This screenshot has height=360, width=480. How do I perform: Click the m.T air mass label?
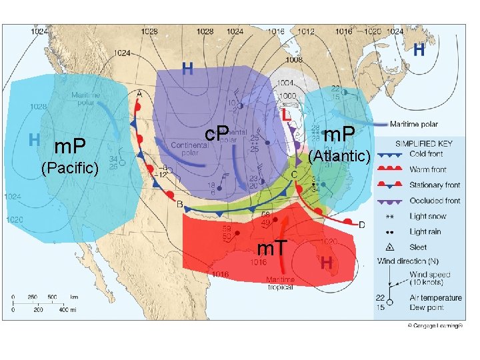click(x=273, y=249)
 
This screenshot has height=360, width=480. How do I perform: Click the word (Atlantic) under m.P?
click(x=340, y=156)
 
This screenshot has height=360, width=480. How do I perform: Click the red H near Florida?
click(x=327, y=262)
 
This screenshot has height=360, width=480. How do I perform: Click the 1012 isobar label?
click(x=306, y=31)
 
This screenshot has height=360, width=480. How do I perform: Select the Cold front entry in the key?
click(x=427, y=154)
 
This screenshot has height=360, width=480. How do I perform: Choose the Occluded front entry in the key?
click(x=435, y=200)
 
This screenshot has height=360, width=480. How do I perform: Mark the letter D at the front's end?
click(x=362, y=225)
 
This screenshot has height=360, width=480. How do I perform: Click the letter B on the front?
click(x=179, y=203)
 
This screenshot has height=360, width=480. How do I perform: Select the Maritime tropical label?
click(x=280, y=283)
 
